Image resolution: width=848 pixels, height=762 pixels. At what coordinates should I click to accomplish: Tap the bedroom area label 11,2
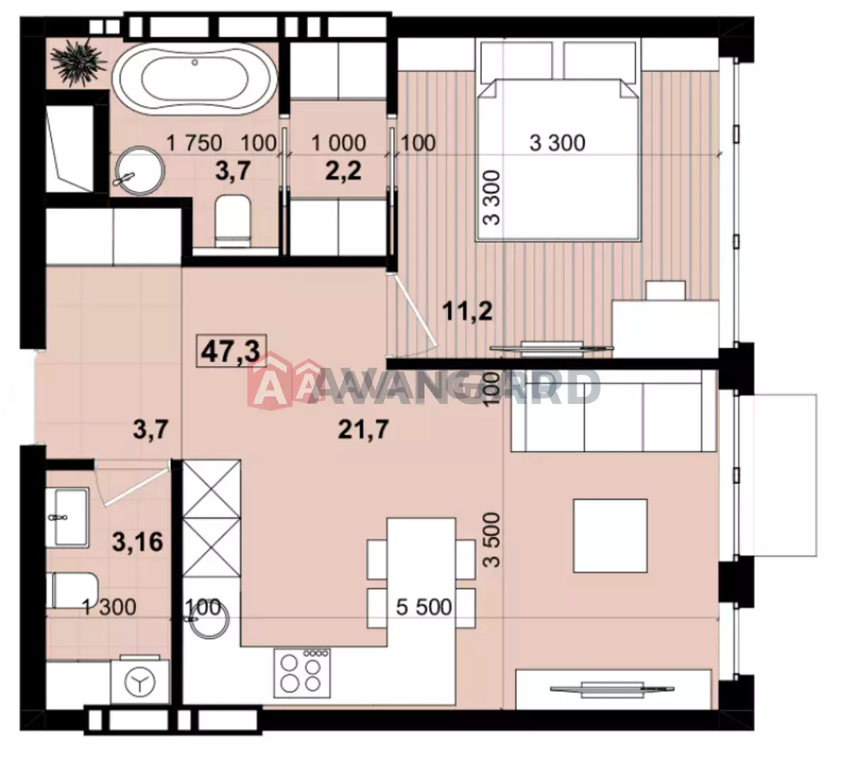[468, 312]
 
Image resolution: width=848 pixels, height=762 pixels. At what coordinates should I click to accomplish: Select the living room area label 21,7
[363, 430]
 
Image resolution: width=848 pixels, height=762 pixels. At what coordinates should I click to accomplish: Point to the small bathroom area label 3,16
[138, 542]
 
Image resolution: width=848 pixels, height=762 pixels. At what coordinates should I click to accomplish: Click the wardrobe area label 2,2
[343, 171]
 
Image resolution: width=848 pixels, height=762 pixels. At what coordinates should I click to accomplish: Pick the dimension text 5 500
[424, 607]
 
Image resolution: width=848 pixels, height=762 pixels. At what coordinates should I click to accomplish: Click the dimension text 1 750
[194, 143]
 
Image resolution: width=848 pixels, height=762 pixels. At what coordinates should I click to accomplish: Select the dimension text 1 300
[110, 607]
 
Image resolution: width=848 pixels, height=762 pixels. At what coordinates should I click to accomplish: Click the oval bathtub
[195, 81]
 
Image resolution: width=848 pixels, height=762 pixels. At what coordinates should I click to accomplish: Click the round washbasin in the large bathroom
[139, 170]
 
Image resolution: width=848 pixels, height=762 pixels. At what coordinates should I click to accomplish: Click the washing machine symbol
[140, 682]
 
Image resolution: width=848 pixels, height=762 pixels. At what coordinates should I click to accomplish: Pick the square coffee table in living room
[610, 535]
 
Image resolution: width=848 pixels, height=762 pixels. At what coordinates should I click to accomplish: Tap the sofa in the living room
[613, 410]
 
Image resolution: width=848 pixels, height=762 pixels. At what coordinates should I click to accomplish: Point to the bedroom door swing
[412, 314]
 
